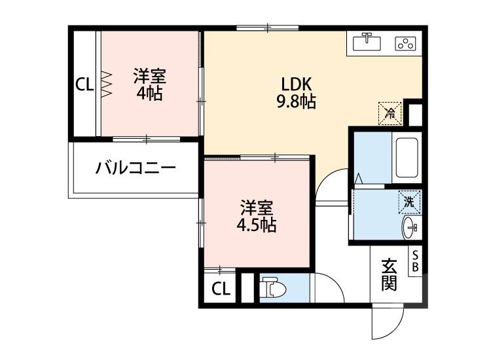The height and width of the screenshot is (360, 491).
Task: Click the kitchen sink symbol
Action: tap(368, 43)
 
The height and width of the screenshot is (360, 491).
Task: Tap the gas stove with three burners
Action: tap(405, 44)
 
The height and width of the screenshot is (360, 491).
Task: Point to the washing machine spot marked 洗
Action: tap(409, 202)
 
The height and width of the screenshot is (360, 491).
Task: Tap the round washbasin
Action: tap(409, 229)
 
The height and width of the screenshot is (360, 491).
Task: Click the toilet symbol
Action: tap(270, 288)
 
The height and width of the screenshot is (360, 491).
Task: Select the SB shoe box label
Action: tap(415, 261)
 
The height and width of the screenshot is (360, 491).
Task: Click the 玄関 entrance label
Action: tap(390, 275)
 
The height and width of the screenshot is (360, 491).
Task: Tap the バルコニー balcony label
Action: tap(136, 169)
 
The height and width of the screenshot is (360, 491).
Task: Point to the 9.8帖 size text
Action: tap(299, 102)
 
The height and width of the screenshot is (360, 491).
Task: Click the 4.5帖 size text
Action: tap(256, 225)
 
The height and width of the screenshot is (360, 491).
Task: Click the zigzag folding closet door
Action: tap(106, 84)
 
